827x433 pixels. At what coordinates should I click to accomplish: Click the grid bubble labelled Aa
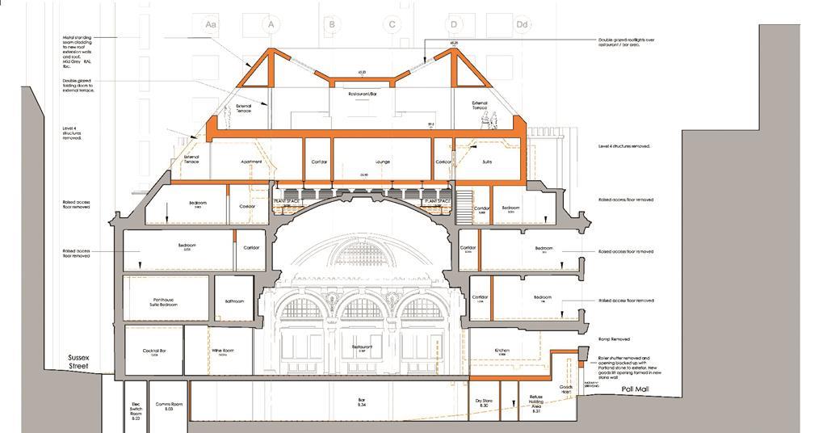point(211,25)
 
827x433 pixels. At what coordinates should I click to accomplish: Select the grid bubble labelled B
point(332,25)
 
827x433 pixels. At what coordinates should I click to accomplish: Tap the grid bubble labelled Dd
point(523,25)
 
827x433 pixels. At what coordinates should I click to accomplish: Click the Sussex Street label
point(79,361)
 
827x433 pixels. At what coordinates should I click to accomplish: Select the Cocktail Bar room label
point(153,351)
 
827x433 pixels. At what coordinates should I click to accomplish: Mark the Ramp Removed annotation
point(614,339)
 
